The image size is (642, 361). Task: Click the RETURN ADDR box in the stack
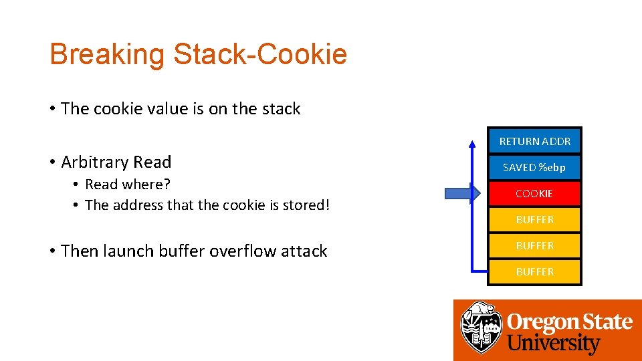click(534, 141)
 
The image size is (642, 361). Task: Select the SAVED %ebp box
click(534, 167)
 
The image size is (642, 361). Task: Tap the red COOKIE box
click(534, 193)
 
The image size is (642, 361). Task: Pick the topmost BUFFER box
click(534, 219)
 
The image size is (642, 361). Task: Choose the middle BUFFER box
click(534, 245)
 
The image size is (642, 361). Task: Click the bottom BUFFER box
click(534, 271)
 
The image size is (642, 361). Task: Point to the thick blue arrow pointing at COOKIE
click(461, 194)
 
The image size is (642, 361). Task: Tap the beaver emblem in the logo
click(481, 328)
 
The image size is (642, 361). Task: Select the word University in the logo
click(553, 344)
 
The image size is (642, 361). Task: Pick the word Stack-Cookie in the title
click(260, 54)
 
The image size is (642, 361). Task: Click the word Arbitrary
click(95, 162)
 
